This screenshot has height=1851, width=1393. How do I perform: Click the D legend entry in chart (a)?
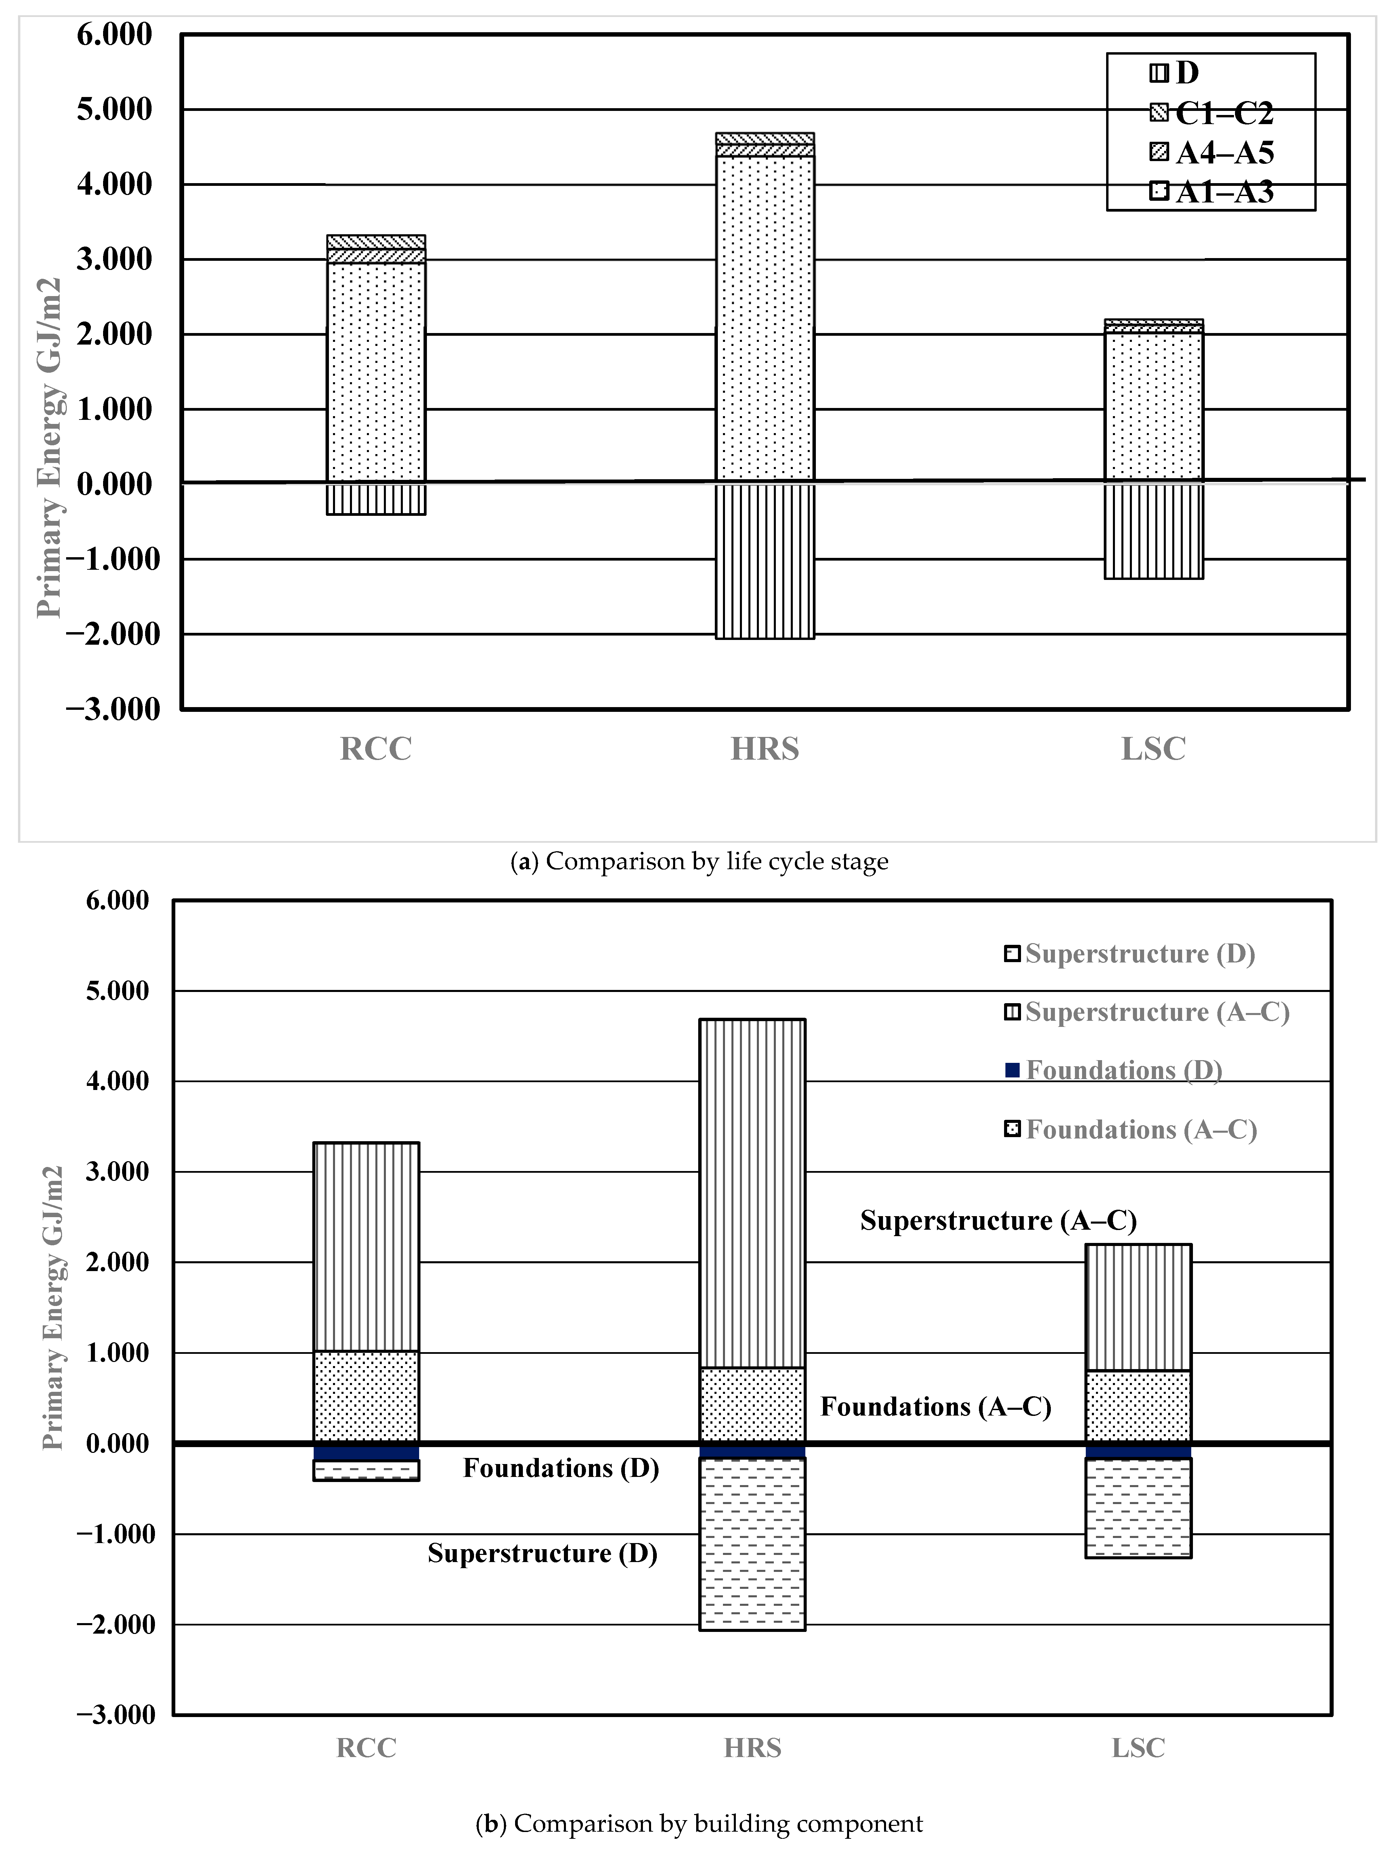pyautogui.click(x=1176, y=73)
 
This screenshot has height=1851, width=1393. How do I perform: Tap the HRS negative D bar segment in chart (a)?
pyautogui.click(x=765, y=561)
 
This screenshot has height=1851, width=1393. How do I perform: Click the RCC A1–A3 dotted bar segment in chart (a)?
pyautogui.click(x=376, y=372)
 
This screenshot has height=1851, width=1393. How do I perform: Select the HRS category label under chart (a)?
pyautogui.click(x=765, y=748)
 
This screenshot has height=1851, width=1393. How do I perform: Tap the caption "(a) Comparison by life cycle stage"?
pyautogui.click(x=700, y=861)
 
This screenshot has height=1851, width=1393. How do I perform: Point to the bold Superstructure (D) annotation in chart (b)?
pyautogui.click(x=542, y=1553)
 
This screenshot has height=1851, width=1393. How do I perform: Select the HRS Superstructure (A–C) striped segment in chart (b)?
pyautogui.click(x=752, y=1192)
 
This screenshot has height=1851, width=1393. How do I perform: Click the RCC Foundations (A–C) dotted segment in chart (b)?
pyautogui.click(x=367, y=1396)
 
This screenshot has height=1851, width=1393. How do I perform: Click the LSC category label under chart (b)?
pyautogui.click(x=1138, y=1748)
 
